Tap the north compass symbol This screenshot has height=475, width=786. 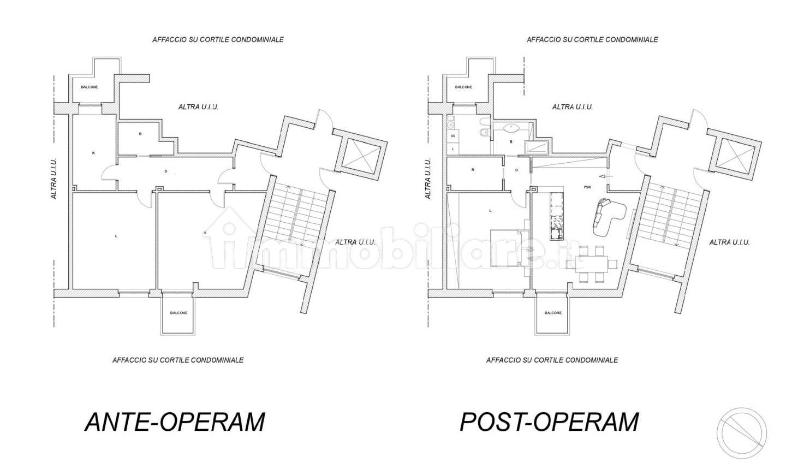[x=741, y=433]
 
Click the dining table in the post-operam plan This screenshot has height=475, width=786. [x=592, y=264]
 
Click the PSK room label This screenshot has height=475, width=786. [x=587, y=187]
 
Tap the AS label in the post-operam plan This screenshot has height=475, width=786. [x=452, y=136]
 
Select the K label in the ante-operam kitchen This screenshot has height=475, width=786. [x=93, y=153]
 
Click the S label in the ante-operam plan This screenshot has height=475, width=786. [x=205, y=233]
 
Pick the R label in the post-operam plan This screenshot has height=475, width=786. [x=473, y=170]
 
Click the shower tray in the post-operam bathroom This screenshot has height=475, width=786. [x=536, y=147]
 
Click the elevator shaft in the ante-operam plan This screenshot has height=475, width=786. [x=361, y=155]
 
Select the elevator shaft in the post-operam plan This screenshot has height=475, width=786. [x=735, y=155]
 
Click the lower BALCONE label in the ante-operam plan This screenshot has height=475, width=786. [x=178, y=313]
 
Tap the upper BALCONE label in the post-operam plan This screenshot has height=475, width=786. [x=463, y=87]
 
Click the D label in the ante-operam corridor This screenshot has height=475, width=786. [x=166, y=171]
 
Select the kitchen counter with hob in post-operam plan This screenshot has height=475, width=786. [x=557, y=216]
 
